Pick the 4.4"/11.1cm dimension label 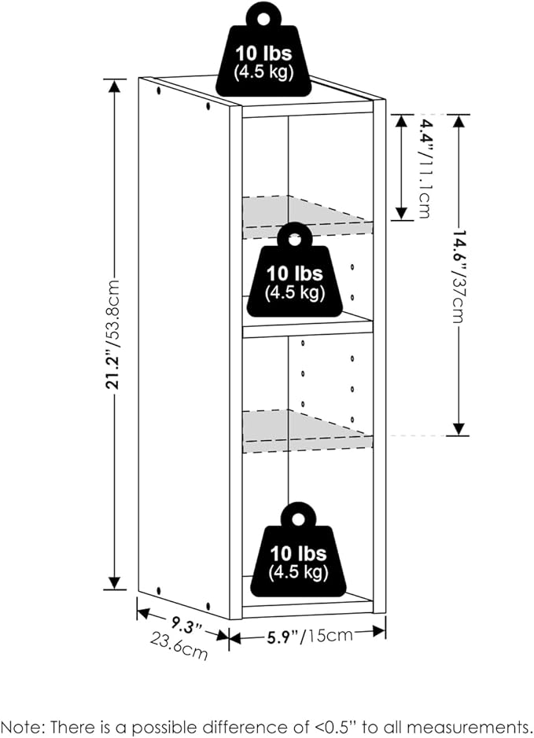point(425,167)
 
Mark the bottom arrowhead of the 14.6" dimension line point(459,429)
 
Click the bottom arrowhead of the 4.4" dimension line point(401,213)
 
